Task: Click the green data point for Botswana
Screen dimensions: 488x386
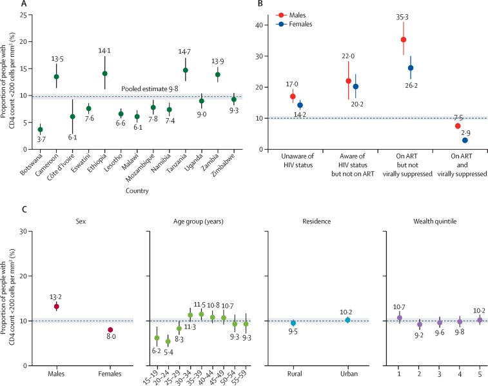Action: point(40,130)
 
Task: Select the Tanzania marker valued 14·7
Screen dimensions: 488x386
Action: point(186,70)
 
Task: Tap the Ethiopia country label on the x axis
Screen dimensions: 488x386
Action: point(97,163)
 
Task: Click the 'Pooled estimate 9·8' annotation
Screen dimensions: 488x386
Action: point(150,89)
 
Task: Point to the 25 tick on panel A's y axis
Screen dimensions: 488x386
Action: point(23,15)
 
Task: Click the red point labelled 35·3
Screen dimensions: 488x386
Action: point(404,39)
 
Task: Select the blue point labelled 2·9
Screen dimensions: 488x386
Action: point(465,140)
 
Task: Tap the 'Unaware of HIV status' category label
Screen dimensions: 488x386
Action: point(298,161)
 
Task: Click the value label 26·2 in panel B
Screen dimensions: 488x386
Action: point(411,85)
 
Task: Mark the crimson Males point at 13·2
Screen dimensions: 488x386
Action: point(56,307)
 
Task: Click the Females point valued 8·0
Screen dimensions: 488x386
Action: point(110,330)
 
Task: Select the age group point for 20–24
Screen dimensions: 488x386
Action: point(168,341)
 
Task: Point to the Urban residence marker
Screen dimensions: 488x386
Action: point(347,320)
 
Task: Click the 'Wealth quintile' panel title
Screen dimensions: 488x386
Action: point(434,221)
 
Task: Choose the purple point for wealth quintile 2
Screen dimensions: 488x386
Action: point(420,324)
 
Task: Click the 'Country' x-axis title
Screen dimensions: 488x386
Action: point(137,190)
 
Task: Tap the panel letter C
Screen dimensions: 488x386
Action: point(24,209)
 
